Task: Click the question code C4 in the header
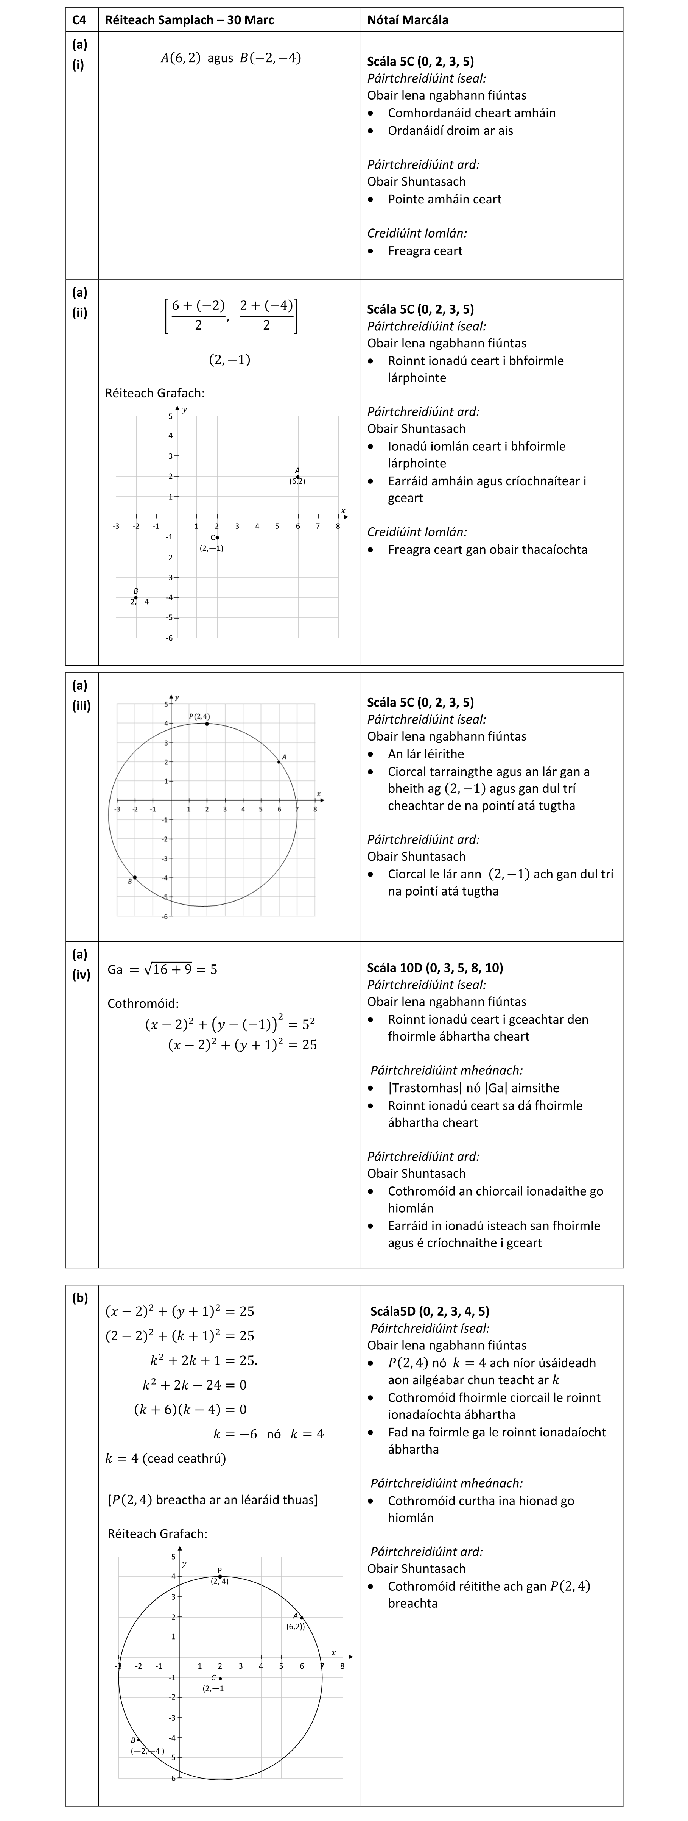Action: (79, 20)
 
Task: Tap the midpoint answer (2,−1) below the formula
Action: (230, 360)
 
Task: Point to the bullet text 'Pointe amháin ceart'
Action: (444, 199)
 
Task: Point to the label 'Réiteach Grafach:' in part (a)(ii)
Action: (155, 393)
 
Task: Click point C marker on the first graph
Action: (217, 537)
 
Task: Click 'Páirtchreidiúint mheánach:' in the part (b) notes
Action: (447, 1482)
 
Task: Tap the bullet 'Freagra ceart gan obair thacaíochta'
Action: (487, 549)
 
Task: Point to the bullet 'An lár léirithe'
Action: (426, 753)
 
